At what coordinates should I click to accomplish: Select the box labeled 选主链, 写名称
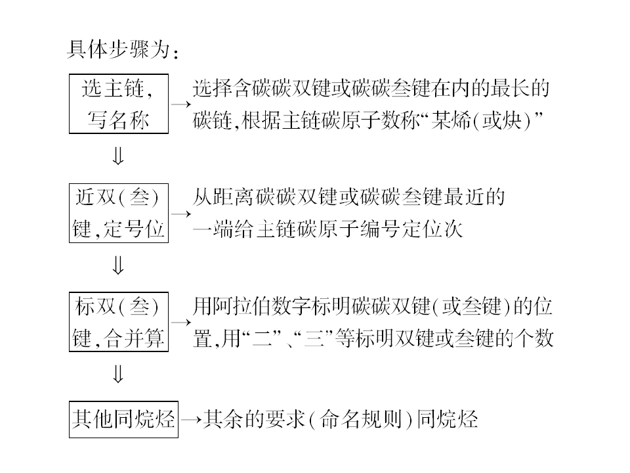(118, 104)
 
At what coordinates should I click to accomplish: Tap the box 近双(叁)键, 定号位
(118, 214)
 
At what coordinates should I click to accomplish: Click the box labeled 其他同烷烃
(124, 418)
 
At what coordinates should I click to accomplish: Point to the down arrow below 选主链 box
(118, 156)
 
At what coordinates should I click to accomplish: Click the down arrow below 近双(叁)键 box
(118, 266)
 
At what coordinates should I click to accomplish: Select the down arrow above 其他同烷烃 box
(118, 374)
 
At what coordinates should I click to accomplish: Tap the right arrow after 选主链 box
(180, 104)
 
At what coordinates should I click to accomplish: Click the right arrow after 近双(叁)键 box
(180, 214)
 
